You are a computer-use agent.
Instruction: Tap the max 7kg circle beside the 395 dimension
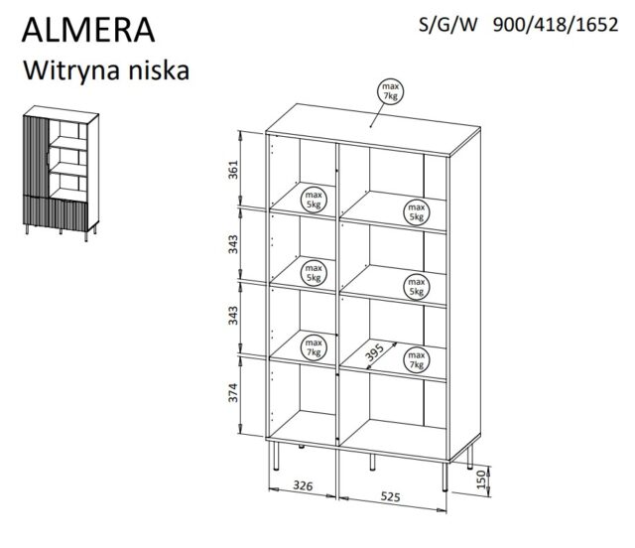[416, 359]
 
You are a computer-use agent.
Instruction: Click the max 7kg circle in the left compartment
[315, 345]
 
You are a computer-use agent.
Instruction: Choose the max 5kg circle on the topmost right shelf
[416, 210]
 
